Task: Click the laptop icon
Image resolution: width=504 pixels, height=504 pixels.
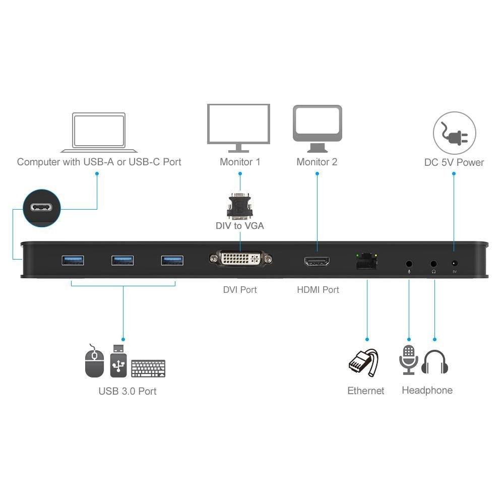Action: (99, 133)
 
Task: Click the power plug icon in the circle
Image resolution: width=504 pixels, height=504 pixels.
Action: (455, 134)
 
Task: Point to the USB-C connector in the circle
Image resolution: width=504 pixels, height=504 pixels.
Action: (42, 208)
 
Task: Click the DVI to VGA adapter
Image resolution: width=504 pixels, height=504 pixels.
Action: (239, 206)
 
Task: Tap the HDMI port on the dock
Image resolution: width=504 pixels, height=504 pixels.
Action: (317, 262)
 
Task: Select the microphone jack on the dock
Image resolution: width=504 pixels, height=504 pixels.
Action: (409, 263)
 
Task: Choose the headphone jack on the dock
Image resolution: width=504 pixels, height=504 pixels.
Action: (433, 263)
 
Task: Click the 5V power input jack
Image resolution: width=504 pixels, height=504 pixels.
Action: (455, 263)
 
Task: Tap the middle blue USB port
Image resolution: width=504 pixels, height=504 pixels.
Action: (122, 260)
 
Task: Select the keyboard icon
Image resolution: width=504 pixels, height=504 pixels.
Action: (148, 368)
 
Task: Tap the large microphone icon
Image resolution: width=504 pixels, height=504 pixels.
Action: (409, 360)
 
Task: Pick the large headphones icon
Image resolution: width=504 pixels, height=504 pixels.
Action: (434, 362)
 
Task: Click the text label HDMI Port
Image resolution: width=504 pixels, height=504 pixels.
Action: (318, 290)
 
